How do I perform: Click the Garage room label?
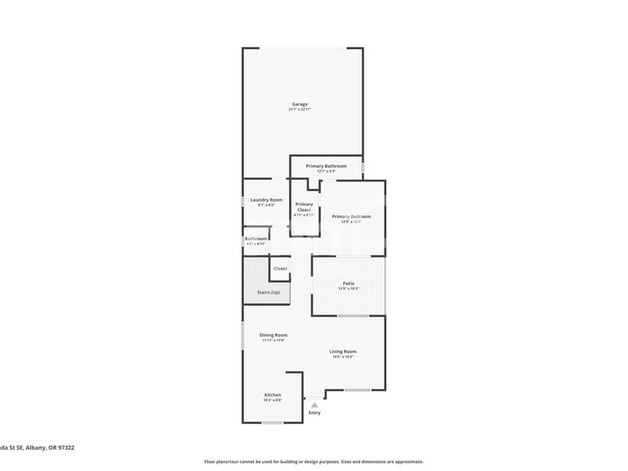pos(300,104)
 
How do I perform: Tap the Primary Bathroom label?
pos(327,166)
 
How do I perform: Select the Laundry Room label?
pos(267,200)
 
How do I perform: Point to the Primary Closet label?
pos(304,207)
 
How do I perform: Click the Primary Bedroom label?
pos(352,216)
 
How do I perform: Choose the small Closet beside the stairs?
pos(280,268)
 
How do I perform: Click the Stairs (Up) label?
pos(269,291)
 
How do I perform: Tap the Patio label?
pos(348,283)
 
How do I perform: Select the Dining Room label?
pos(273,335)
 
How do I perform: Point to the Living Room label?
pos(343,351)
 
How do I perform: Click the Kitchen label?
pos(273,395)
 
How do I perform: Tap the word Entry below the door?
pos(314,413)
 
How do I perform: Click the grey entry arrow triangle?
pos(314,404)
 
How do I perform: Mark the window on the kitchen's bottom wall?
pos(271,420)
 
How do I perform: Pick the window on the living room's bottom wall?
pos(357,390)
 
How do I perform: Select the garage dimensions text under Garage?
pos(300,110)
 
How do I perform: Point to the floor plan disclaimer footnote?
pos(313,462)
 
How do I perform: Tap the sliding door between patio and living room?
pos(352,316)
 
